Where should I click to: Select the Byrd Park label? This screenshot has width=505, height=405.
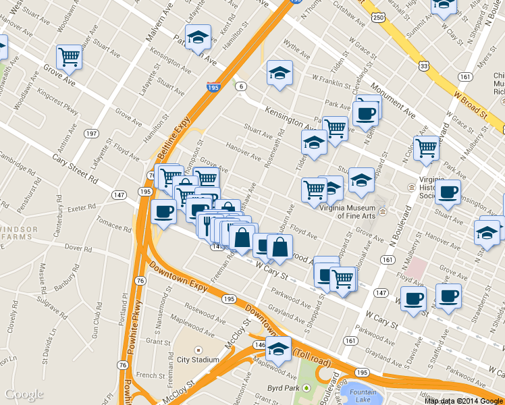tap(284, 388)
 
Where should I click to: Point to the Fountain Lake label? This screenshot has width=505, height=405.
tap(363, 394)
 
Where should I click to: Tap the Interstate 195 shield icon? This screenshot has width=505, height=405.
tap(213, 87)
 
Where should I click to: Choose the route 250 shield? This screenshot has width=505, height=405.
tap(379, 16)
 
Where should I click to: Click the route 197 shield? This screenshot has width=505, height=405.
tap(90, 134)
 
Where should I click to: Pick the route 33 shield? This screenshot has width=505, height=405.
tap(423, 65)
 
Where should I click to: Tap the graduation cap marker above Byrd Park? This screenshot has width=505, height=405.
tap(277, 348)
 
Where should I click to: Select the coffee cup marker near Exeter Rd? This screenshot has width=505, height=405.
tap(163, 211)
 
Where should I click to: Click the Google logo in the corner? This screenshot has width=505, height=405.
tap(24, 394)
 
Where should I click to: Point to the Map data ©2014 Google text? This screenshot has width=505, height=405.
tap(464, 400)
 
